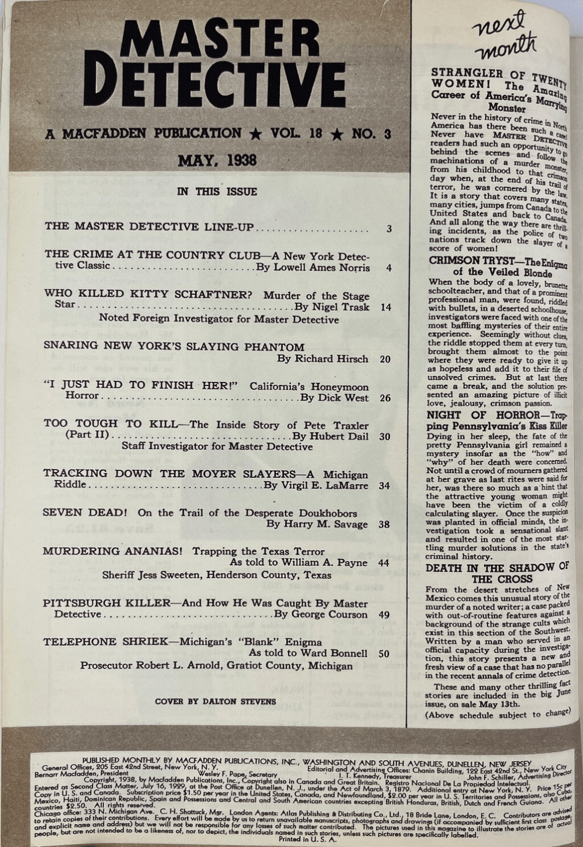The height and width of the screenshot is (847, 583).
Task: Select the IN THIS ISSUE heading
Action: pos(217,192)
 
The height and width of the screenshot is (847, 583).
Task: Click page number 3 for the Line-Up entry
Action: pos(389,228)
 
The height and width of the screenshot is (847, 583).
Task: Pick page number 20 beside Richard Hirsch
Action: pos(385,359)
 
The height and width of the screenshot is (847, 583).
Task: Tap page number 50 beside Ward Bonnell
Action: pos(382,653)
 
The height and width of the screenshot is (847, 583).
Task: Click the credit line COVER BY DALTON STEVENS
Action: pos(216,701)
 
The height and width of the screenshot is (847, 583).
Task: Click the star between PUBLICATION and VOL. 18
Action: pos(254,134)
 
